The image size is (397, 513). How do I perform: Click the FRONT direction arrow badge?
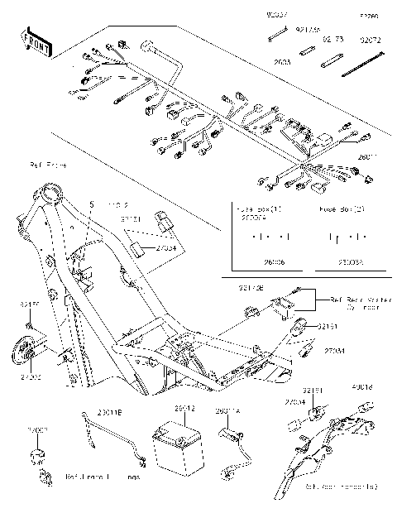point(36,45)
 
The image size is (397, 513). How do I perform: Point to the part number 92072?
point(371,38)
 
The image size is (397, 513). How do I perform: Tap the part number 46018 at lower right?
point(362,386)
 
